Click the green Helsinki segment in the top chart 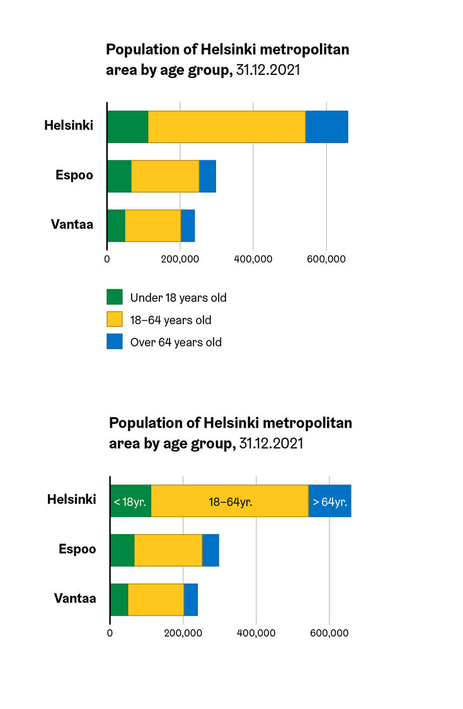coord(127,126)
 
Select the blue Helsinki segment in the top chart coord(326,126)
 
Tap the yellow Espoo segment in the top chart coord(165,176)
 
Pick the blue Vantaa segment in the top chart coord(188,225)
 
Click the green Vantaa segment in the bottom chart coord(119,600)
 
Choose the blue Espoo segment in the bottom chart coord(210,550)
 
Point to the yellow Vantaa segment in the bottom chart coord(156,600)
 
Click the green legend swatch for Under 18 coord(115,297)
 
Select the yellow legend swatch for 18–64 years coord(115,320)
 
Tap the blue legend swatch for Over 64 coord(115,342)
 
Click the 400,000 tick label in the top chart coord(253,259)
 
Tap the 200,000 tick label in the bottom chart coord(183,633)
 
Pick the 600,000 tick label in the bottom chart coord(329,633)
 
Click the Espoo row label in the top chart coord(74,175)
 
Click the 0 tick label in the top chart coord(107,259)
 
